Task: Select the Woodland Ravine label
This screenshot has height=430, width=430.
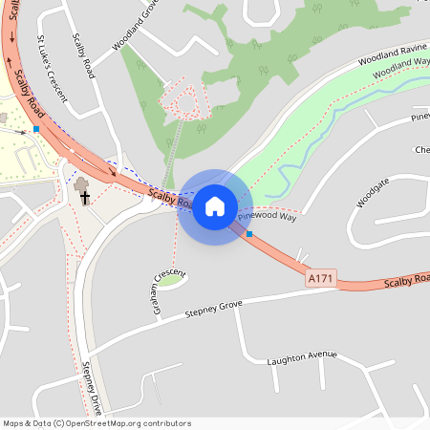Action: point(392,58)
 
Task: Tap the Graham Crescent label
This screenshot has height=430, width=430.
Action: point(167,291)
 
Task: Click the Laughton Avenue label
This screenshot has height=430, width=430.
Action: point(303,356)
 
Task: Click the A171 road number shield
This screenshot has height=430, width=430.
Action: point(321,278)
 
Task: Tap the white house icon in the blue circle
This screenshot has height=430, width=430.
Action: point(215,206)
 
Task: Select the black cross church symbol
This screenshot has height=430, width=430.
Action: point(84,198)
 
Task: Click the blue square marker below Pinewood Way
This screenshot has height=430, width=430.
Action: point(249,233)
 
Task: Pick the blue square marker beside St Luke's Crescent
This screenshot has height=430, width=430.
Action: point(35,128)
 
